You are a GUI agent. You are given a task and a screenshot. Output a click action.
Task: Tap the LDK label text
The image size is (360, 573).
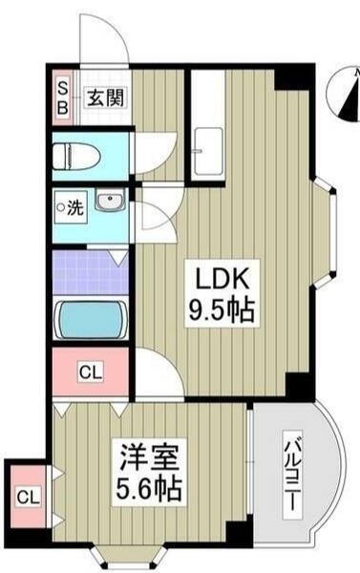tap(223, 279)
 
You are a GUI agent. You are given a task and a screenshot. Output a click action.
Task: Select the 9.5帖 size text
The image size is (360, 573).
tap(223, 311)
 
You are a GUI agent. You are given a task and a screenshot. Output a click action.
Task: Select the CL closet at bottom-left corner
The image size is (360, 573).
tap(27, 497)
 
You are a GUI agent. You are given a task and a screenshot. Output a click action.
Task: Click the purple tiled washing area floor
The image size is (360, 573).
tap(90, 271)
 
